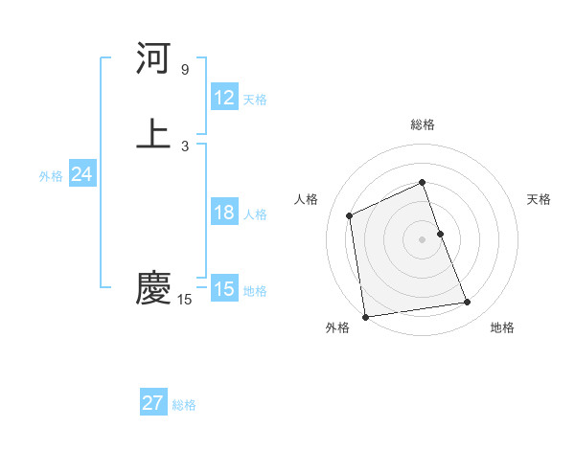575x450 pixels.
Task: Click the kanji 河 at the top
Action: point(153,59)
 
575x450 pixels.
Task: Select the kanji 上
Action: point(153,134)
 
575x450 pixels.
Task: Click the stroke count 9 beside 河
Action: point(185,70)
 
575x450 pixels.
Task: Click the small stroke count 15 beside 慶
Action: point(185,301)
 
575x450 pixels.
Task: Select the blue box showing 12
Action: point(224,98)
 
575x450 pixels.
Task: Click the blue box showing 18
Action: point(224,213)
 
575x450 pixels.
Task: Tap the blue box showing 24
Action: point(81,175)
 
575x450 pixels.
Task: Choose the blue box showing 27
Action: point(153,403)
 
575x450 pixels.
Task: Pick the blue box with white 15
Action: point(224,289)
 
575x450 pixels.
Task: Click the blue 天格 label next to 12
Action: point(255,100)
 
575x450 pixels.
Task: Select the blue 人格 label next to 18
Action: point(255,214)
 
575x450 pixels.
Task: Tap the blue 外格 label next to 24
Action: point(51,176)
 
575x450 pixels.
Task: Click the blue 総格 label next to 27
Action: point(184,405)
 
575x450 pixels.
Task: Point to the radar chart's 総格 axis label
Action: point(423,124)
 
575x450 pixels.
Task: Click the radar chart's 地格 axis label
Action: point(502,328)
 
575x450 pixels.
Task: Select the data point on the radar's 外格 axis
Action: point(365,317)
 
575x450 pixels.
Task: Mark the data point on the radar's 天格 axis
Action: point(440,234)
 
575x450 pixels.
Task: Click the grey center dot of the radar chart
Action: point(422,239)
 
